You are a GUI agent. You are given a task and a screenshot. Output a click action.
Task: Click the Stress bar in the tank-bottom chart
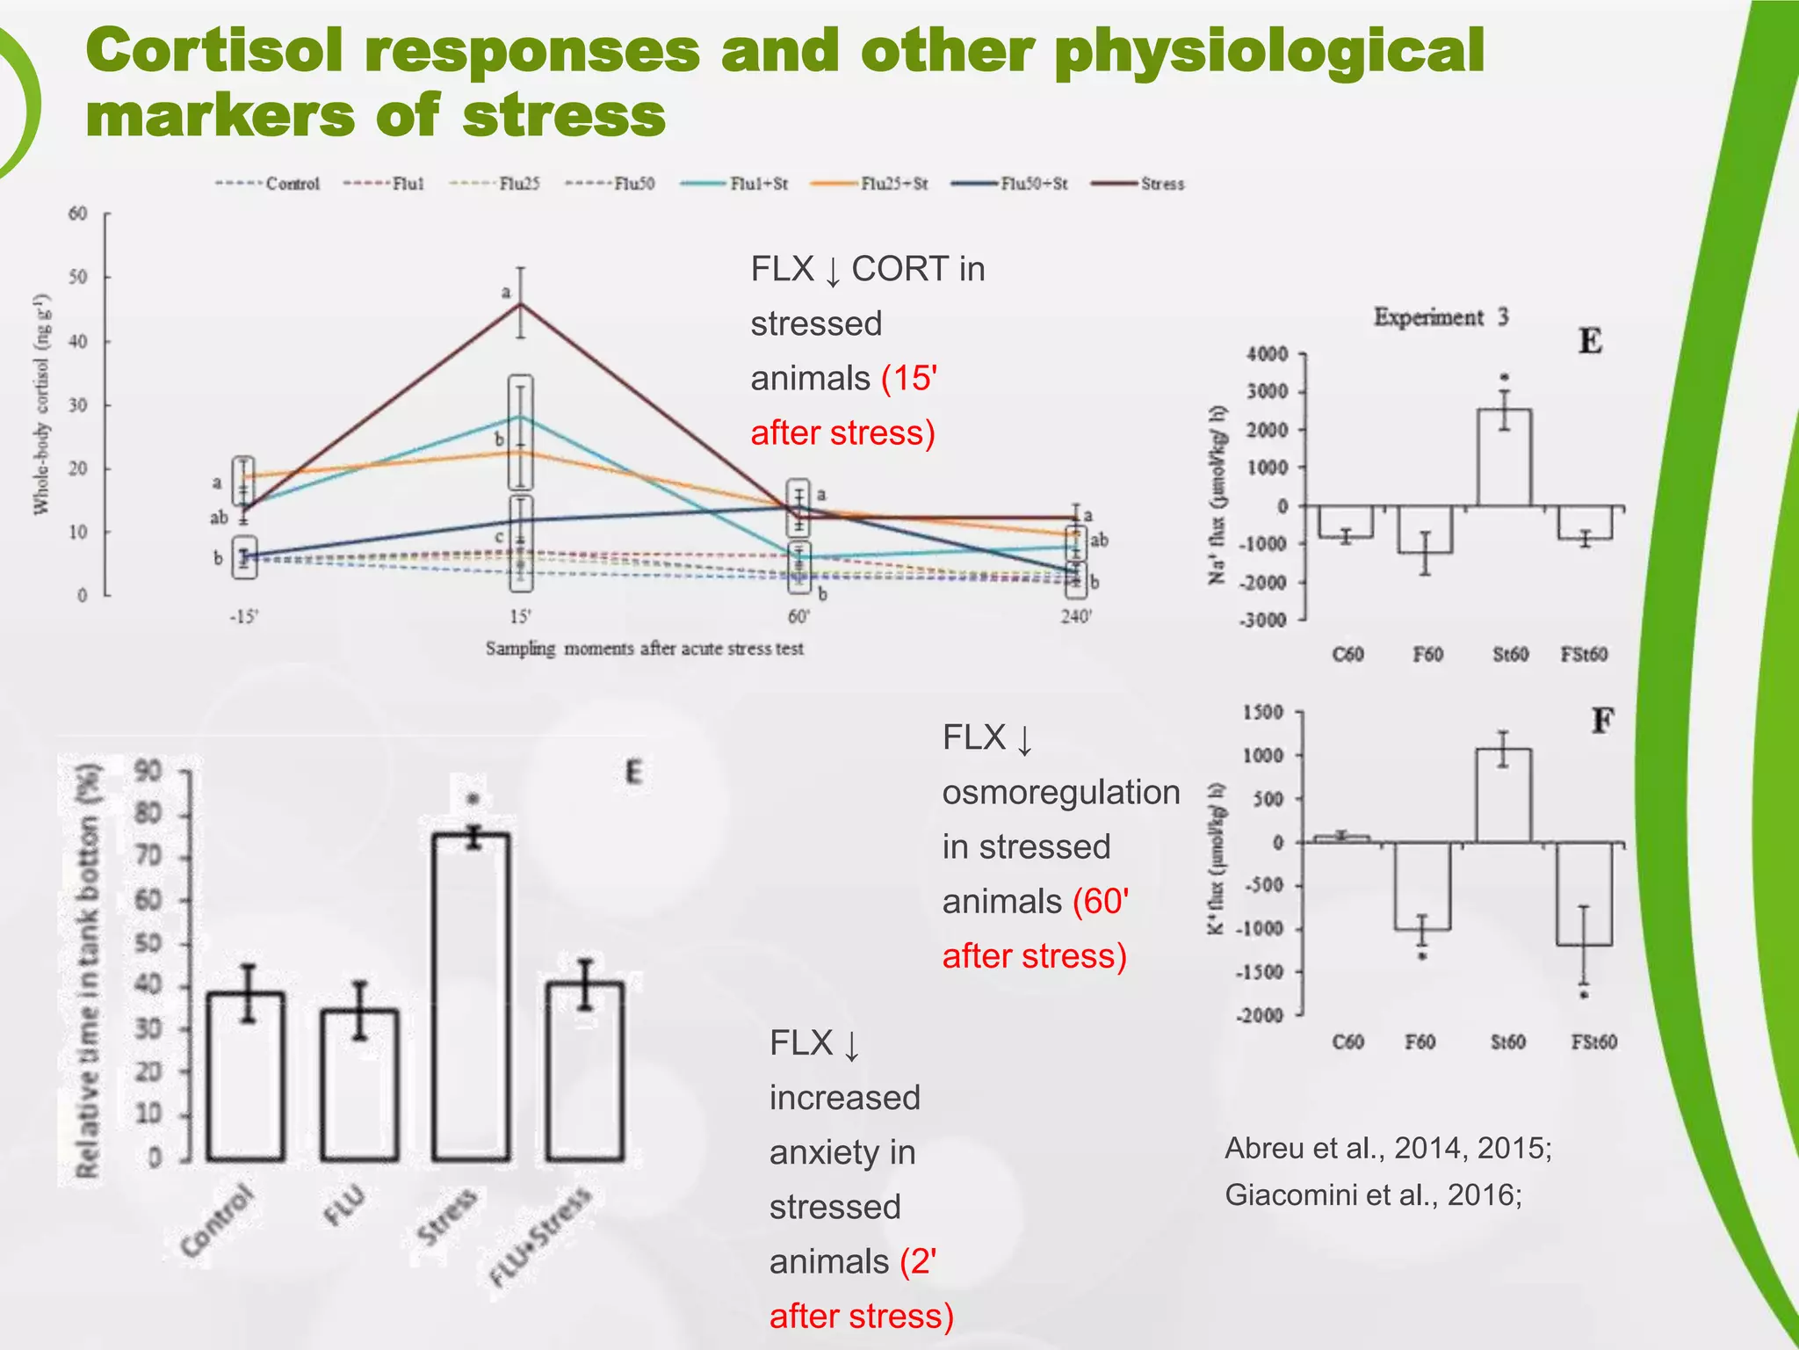coord(472,997)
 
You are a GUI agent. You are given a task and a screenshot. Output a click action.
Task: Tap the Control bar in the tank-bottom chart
coord(246,1076)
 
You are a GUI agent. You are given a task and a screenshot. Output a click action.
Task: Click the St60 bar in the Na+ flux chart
coord(1504,458)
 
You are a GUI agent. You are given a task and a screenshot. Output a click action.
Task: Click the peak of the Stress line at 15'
coord(521,304)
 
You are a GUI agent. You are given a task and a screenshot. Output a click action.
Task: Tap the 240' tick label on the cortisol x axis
coord(1076,616)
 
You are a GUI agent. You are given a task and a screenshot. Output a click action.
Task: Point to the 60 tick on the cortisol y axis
coord(78,214)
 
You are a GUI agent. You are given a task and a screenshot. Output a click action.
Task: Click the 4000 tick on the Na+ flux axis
coord(1267,354)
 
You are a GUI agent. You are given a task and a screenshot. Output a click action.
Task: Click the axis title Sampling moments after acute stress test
coord(644,649)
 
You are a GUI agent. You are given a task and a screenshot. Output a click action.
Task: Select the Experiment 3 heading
coord(1441,316)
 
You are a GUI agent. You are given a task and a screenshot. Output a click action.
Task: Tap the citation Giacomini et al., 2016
coord(1372,1194)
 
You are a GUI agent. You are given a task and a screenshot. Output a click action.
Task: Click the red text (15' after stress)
coord(843,406)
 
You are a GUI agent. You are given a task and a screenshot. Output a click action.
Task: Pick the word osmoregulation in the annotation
coord(1060,792)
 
